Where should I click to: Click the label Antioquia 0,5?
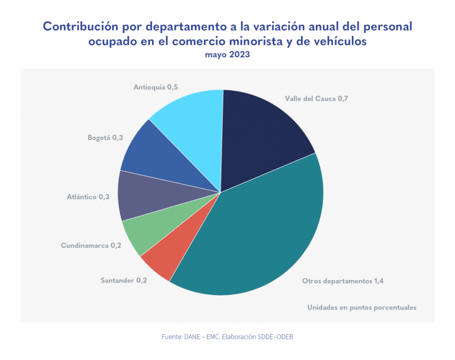pos(156,87)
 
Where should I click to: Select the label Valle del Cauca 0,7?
pos(316,98)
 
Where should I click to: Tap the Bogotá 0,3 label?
pos(105,138)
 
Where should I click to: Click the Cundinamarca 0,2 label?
pos(91,245)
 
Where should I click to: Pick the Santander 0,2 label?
pos(123,280)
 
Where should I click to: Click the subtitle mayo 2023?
pos(227,55)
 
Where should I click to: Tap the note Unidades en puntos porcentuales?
pos(362,308)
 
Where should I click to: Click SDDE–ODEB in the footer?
pos(275,337)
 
